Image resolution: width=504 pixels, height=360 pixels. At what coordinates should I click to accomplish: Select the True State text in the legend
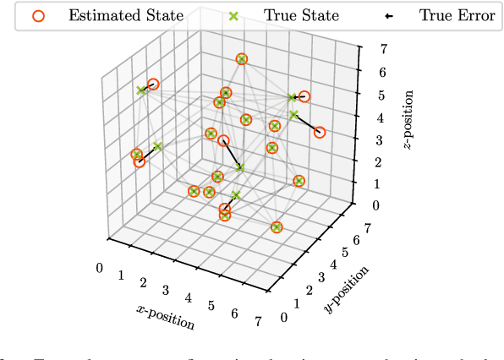[289, 15]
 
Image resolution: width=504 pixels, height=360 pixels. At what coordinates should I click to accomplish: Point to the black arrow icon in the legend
[393, 15]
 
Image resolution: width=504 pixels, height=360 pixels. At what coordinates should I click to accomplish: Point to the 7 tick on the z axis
[360, 50]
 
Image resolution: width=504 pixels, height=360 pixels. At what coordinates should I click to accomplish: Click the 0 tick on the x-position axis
[101, 268]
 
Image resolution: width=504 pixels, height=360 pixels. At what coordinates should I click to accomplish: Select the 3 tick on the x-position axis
[166, 290]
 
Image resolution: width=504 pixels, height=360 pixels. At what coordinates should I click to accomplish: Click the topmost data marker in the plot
[242, 59]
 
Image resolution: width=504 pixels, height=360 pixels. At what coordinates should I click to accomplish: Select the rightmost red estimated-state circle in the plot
[320, 132]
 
